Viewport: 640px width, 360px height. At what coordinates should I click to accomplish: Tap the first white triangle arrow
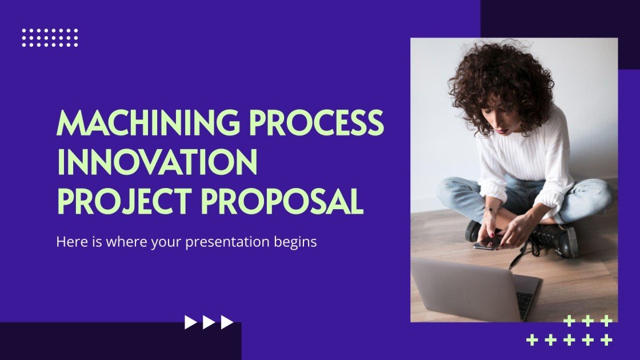coord(190,323)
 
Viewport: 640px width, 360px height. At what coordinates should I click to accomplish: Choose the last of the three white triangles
coord(227,323)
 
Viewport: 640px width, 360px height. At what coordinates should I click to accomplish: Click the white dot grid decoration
coord(50,38)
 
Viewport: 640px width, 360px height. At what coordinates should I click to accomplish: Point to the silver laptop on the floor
coord(463,289)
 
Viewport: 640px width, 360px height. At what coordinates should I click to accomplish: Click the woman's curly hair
coord(497,74)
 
